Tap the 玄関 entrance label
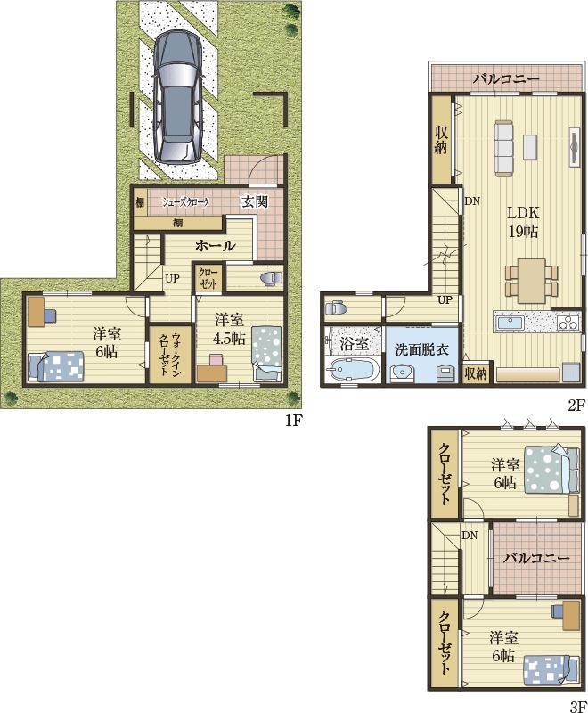point(255,201)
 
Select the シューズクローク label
point(185,201)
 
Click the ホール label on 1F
point(216,246)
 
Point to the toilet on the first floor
point(271,278)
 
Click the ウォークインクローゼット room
point(169,354)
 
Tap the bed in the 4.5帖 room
point(266,353)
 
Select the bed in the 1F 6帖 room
point(55,366)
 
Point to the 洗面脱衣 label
point(421,349)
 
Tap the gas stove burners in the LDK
point(569,322)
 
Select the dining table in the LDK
point(532,281)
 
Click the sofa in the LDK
point(503,148)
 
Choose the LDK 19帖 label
point(523,222)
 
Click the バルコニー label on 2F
point(506,79)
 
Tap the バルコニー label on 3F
point(535,558)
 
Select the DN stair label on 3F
point(470,536)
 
